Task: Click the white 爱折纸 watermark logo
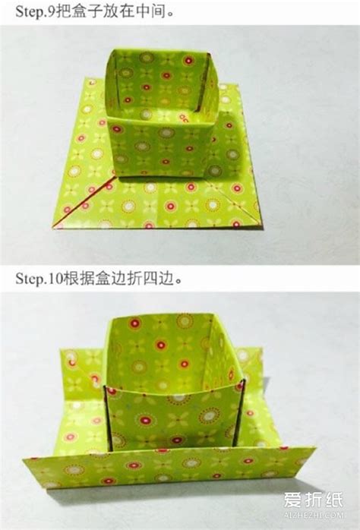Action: [313, 500]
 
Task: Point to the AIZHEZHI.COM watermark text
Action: [314, 515]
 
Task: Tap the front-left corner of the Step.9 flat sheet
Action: [52, 228]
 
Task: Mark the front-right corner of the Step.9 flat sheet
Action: [262, 229]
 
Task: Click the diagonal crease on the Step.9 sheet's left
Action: [84, 203]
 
